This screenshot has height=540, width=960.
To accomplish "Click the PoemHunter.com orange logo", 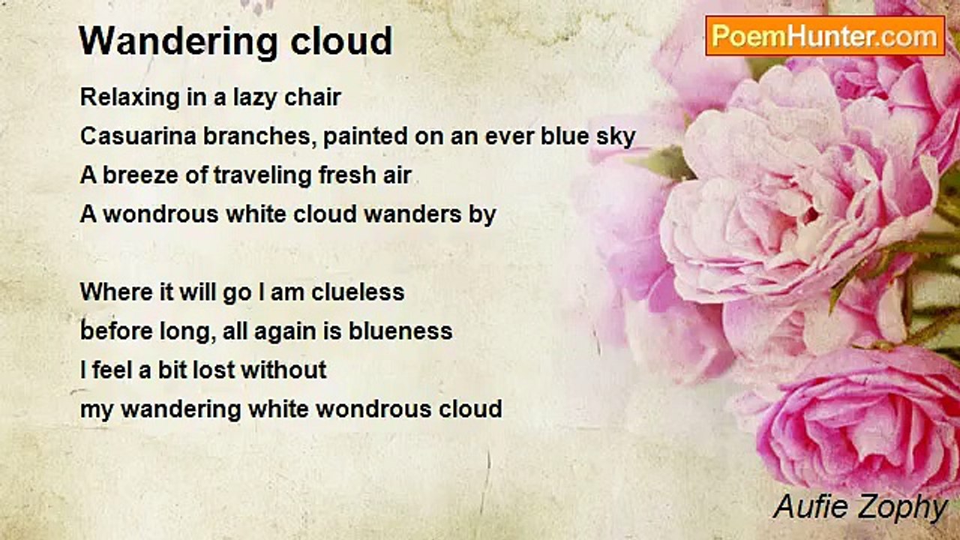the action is [x=825, y=36].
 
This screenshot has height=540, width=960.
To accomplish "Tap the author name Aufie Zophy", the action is [x=860, y=508].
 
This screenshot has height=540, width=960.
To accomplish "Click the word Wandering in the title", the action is [x=178, y=42].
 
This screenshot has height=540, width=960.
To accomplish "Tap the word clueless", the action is [x=358, y=292].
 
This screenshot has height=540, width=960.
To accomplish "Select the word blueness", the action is [x=400, y=331].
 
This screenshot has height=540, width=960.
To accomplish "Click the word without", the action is [x=283, y=370].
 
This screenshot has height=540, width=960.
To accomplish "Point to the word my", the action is [x=97, y=410].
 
